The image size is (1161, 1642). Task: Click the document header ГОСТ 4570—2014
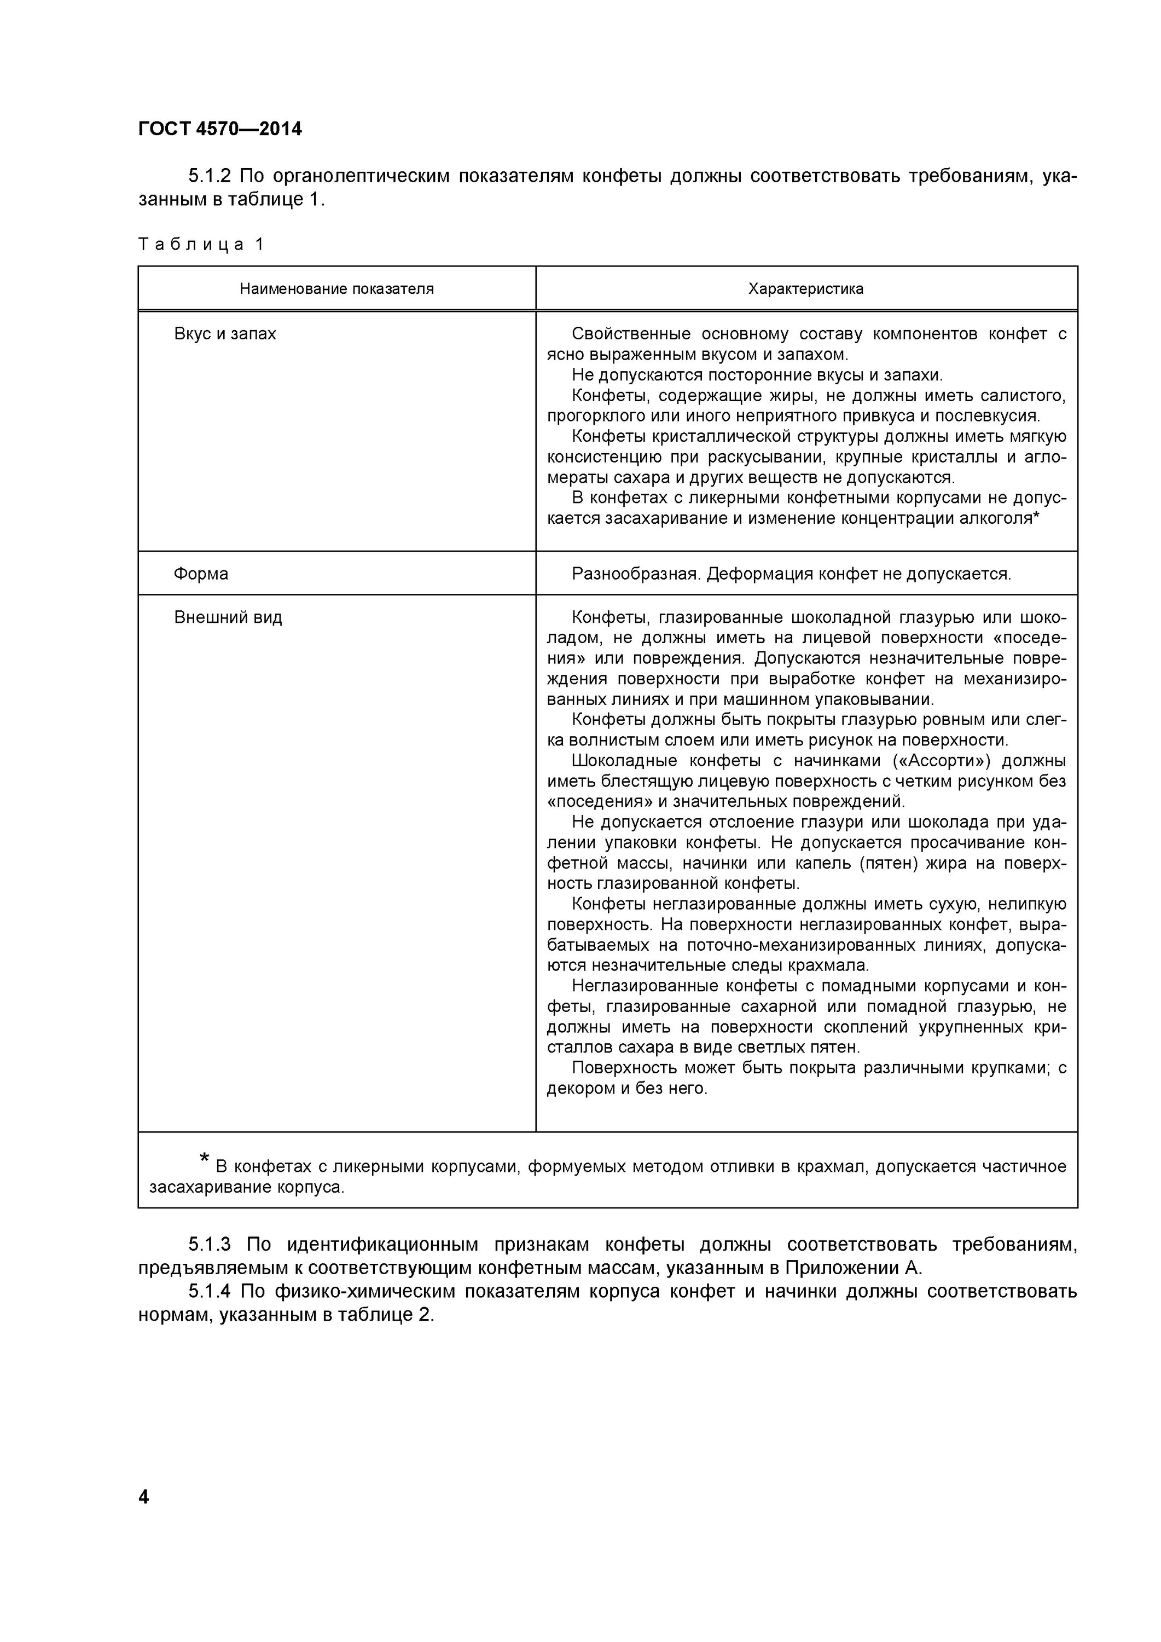pos(219,129)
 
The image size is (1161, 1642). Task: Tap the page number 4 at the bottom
pos(144,1497)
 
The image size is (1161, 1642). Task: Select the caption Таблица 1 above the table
pos(201,245)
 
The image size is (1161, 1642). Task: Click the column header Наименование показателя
pos(336,289)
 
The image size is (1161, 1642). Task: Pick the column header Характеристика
pos(806,289)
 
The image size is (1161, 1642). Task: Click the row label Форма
pos(201,574)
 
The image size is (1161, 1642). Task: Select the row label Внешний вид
pos(228,617)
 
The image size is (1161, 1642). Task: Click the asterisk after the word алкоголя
pos(1037,516)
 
